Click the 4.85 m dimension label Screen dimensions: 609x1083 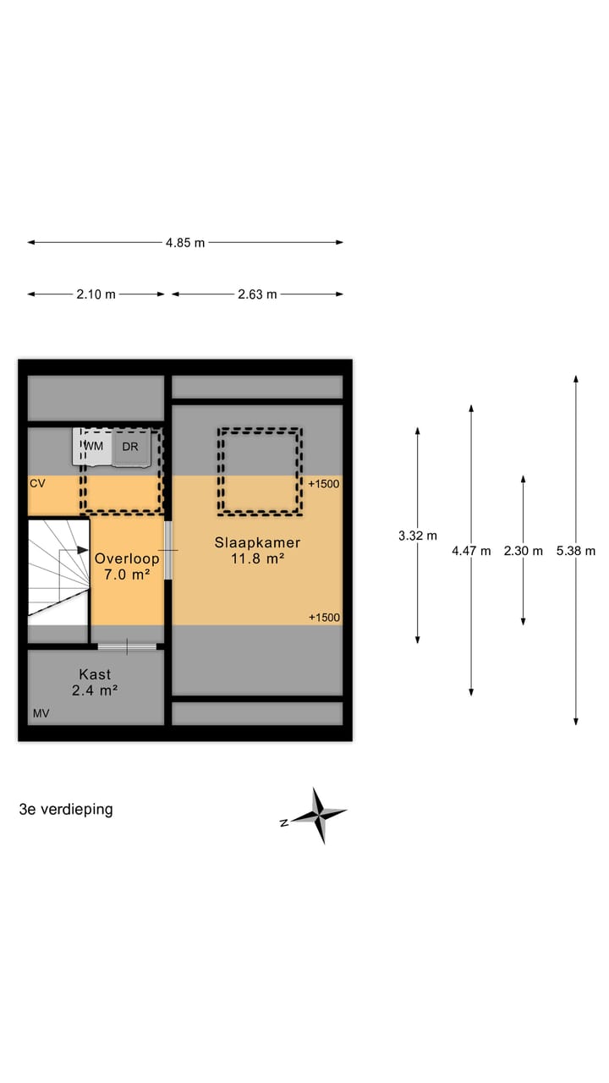point(185,243)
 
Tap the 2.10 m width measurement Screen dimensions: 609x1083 point(96,294)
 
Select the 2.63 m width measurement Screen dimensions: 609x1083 point(257,294)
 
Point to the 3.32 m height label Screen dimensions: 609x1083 point(418,536)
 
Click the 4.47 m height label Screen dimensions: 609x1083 point(471,551)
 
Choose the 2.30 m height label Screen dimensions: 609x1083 point(523,551)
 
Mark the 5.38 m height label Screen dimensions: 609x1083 point(576,551)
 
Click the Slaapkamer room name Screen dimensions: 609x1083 point(258,542)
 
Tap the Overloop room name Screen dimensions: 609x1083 point(127,559)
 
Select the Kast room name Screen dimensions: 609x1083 point(95,674)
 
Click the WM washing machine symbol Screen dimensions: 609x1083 point(92,447)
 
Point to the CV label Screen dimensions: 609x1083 point(37,483)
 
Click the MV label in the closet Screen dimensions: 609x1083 point(41,713)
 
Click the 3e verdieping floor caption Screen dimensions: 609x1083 point(66,810)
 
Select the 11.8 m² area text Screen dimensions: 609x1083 point(258,559)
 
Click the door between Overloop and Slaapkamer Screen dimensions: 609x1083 point(167,550)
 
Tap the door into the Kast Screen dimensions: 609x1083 point(127,646)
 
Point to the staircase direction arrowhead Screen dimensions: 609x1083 point(83,550)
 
